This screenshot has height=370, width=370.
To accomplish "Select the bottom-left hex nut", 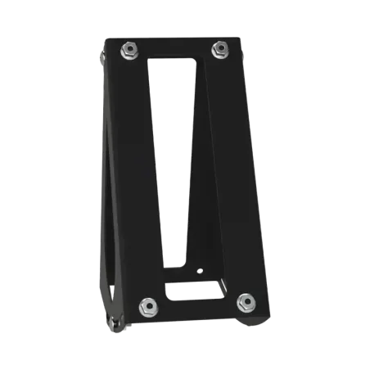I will [148, 305].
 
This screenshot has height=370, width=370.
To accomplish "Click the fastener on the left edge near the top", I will [101, 57].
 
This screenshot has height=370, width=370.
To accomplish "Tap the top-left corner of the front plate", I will [109, 39].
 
